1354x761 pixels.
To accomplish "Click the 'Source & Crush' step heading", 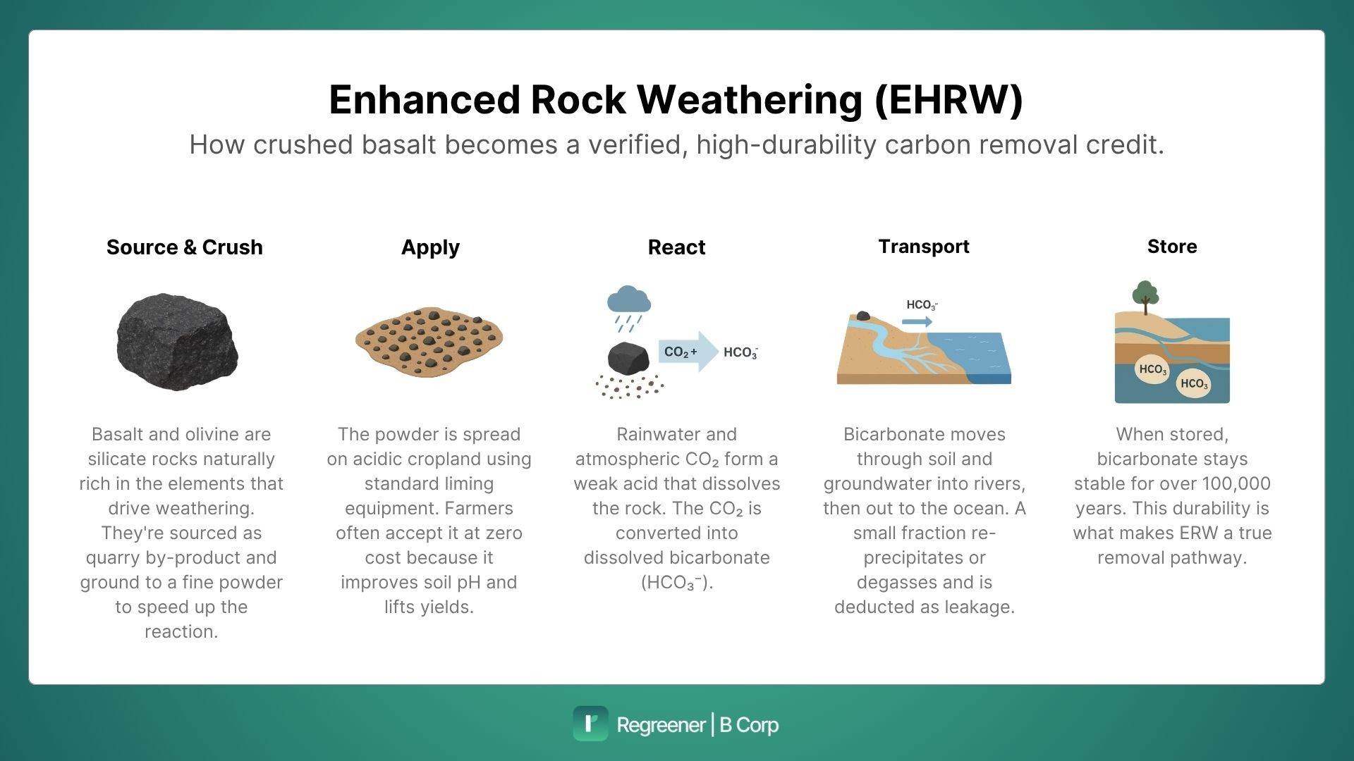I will [x=184, y=247].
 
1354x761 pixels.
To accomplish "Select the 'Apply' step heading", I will [x=430, y=247].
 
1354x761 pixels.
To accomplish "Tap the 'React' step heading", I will [x=676, y=247].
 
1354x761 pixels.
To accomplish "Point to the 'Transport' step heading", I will [x=924, y=247].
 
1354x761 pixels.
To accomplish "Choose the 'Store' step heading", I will [x=1171, y=247].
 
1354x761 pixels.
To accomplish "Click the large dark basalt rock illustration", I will [x=177, y=341].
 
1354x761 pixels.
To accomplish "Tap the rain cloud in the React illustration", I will [x=629, y=299].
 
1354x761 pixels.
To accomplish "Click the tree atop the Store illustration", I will [x=1145, y=295].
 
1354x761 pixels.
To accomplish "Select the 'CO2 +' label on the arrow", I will [x=680, y=352].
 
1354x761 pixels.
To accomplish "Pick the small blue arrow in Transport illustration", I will [x=917, y=322].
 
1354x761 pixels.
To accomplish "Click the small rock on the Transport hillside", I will [x=862, y=316].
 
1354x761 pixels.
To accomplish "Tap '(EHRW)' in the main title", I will [x=948, y=99].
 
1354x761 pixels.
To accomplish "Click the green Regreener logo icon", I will [x=590, y=724].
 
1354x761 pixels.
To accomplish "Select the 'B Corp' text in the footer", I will [x=749, y=725].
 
